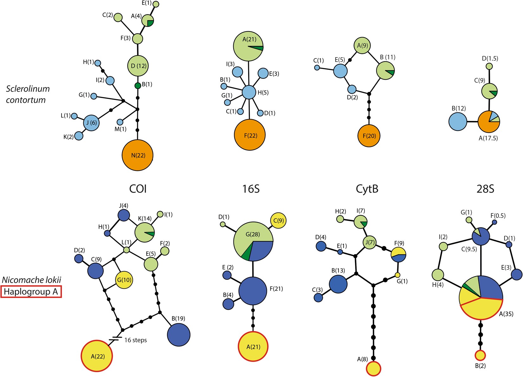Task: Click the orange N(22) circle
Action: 138,155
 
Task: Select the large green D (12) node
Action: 138,66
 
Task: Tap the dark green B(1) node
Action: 138,86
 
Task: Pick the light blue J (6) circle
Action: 91,123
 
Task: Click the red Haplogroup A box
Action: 31,292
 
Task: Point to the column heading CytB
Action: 367,189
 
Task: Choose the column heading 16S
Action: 251,189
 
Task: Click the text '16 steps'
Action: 135,340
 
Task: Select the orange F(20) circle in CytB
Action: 369,136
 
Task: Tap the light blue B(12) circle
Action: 458,122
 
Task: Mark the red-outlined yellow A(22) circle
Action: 97,356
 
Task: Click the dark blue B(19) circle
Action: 178,334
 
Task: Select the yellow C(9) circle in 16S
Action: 278,220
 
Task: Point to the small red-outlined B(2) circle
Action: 480,355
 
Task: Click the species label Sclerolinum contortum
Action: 28,94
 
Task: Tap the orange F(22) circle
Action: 250,135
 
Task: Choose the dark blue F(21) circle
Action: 253,291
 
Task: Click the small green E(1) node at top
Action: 156,4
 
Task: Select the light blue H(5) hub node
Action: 249,92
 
